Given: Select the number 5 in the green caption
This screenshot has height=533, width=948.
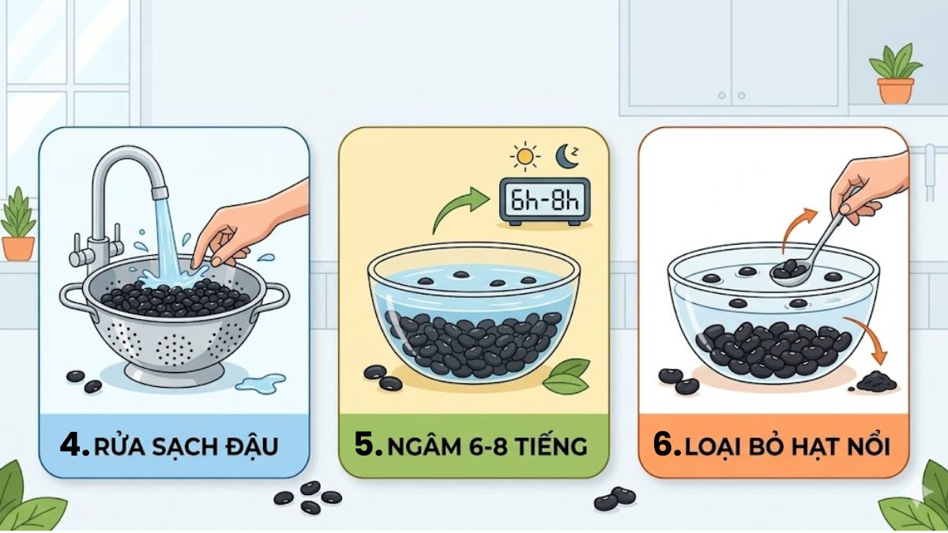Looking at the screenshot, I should [368, 445].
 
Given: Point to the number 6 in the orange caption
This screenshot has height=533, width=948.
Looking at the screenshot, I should [668, 445].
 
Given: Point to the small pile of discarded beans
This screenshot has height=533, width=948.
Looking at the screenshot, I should [872, 383].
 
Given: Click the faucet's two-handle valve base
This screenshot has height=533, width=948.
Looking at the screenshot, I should [86, 249].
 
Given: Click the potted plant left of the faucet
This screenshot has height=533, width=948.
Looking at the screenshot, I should [17, 225].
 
